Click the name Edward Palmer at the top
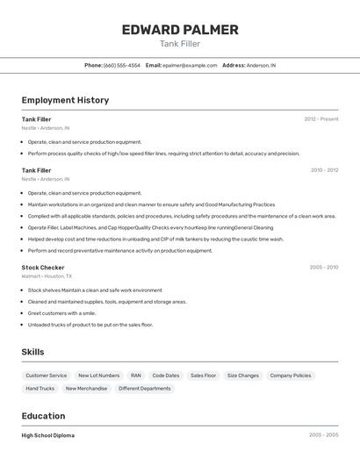(x=180, y=30)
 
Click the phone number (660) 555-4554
(x=122, y=65)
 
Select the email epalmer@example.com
(x=190, y=65)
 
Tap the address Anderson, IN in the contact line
(x=261, y=65)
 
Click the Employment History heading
(x=65, y=100)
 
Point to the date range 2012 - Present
(x=320, y=119)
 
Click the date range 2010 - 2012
(x=324, y=170)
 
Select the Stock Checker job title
(x=43, y=268)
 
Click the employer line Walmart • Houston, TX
(x=47, y=276)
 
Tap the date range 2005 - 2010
(x=323, y=268)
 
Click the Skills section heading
(x=33, y=352)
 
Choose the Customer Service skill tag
(x=46, y=376)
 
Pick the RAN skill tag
(x=135, y=376)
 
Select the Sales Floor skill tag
(x=203, y=376)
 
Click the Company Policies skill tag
(x=291, y=376)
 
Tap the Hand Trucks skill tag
(x=40, y=388)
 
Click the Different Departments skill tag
(x=145, y=388)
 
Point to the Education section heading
(x=43, y=416)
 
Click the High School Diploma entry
(x=48, y=435)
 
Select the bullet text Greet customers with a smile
(x=61, y=313)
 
